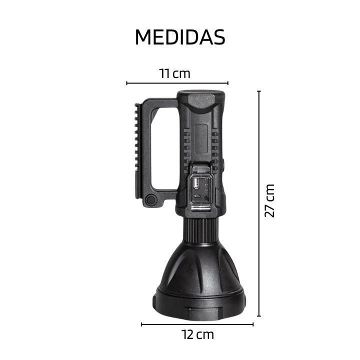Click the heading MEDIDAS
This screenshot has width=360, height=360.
(x=180, y=37)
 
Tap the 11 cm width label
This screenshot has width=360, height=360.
(x=175, y=73)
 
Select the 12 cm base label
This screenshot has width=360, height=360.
(x=197, y=334)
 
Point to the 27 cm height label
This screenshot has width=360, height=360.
(x=270, y=200)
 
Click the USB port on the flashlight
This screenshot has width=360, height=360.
(x=196, y=184)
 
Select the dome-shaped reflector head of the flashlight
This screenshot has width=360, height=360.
(x=200, y=265)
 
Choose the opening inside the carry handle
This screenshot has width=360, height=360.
(x=165, y=150)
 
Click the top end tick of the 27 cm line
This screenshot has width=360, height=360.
(x=259, y=91)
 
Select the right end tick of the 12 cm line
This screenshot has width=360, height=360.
(x=253, y=324)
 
